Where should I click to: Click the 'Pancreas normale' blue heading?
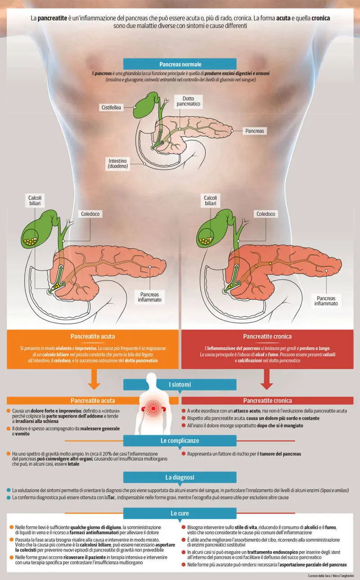point(180,64)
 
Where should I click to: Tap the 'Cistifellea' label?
point(111,108)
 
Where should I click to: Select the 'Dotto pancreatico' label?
point(188,101)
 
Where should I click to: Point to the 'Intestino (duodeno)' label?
point(118,164)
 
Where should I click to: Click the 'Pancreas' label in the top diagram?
point(255,131)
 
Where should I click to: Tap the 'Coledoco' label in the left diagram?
point(90,214)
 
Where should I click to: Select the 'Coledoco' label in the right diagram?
point(266,214)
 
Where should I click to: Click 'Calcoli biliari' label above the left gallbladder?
point(35,200)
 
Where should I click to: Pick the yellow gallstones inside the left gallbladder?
point(31,241)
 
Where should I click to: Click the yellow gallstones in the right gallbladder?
point(207,241)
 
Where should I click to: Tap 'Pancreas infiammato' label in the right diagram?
point(326,301)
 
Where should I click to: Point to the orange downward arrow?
point(94,379)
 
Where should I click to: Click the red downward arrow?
point(266,379)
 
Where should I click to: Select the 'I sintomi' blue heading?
point(180,385)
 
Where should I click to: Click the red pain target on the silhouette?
point(153,408)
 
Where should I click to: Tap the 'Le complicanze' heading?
point(180,441)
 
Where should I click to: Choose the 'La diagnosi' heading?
point(180,477)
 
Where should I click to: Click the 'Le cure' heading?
point(180,513)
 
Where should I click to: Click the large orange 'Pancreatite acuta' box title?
point(92,337)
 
